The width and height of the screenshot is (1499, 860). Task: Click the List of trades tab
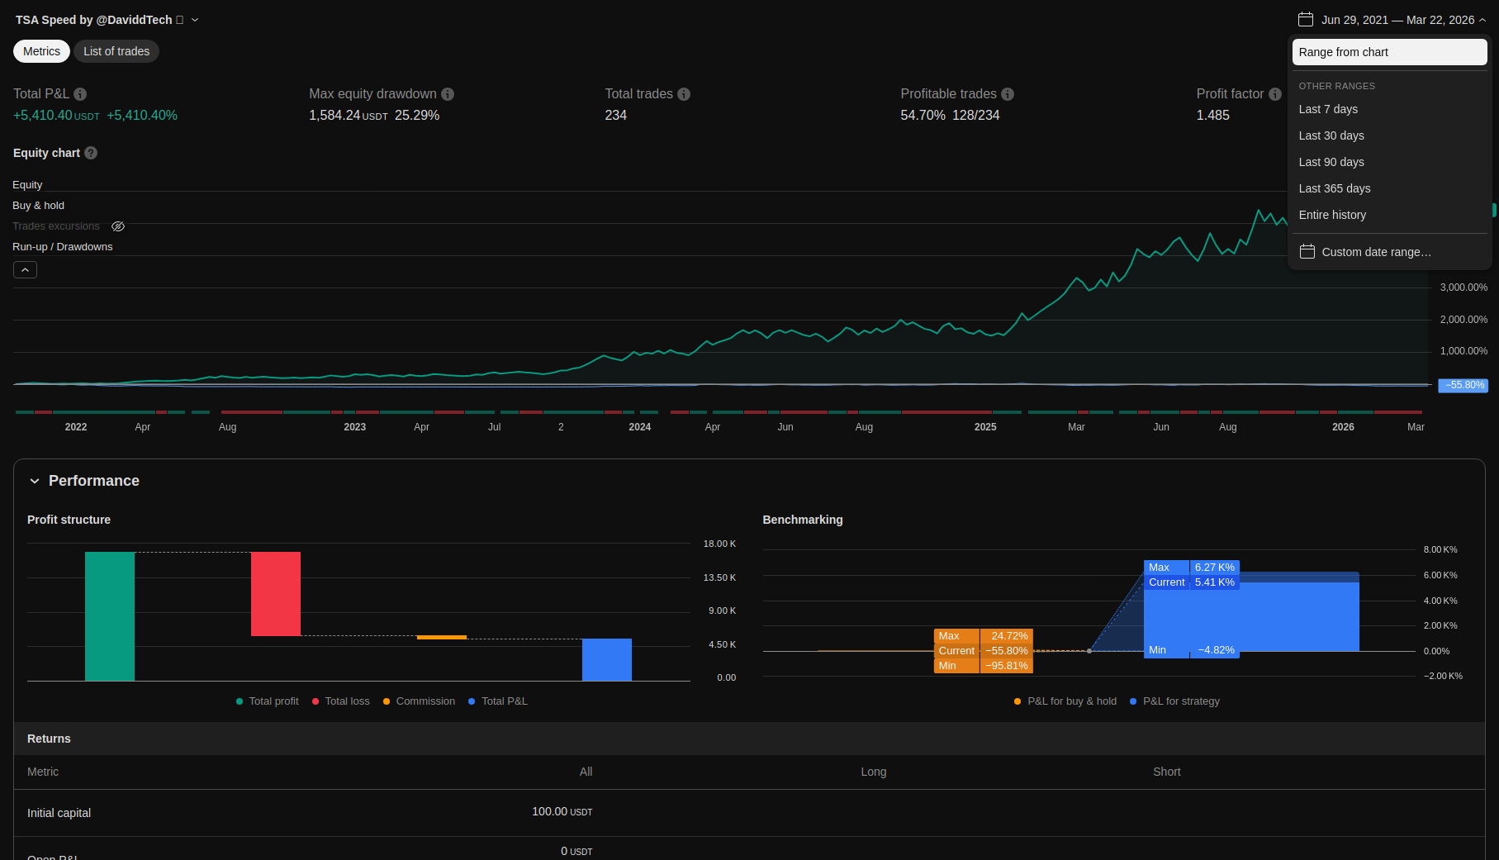click(116, 51)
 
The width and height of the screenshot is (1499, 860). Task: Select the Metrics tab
click(41, 51)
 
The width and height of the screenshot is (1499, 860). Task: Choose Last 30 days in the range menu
click(1331, 135)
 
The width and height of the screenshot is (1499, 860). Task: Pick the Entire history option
click(1331, 215)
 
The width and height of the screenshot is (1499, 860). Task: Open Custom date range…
click(1375, 252)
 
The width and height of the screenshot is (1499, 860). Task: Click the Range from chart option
click(1343, 52)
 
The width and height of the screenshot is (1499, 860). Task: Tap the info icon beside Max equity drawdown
click(448, 94)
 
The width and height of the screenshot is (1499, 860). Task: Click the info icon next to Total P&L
click(80, 94)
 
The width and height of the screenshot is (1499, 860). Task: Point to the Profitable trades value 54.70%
click(923, 116)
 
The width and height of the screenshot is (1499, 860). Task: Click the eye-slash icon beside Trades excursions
click(118, 226)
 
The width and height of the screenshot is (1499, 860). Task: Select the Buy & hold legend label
click(38, 206)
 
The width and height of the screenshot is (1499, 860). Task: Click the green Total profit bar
click(110, 615)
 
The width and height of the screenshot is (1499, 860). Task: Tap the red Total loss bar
click(276, 594)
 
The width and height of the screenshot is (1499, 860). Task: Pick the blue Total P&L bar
click(607, 659)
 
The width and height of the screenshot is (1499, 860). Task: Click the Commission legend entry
click(425, 701)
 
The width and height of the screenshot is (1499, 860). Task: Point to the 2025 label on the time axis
click(985, 427)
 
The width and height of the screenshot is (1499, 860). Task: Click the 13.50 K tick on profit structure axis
click(719, 577)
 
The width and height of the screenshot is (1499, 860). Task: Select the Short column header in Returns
click(1166, 772)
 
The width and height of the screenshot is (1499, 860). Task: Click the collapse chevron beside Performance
click(35, 481)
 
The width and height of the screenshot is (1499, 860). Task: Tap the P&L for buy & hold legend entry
click(1071, 701)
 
